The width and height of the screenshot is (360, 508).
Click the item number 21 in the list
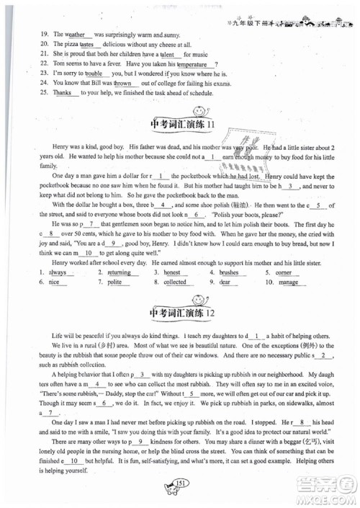24,54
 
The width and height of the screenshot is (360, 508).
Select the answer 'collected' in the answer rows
175,303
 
